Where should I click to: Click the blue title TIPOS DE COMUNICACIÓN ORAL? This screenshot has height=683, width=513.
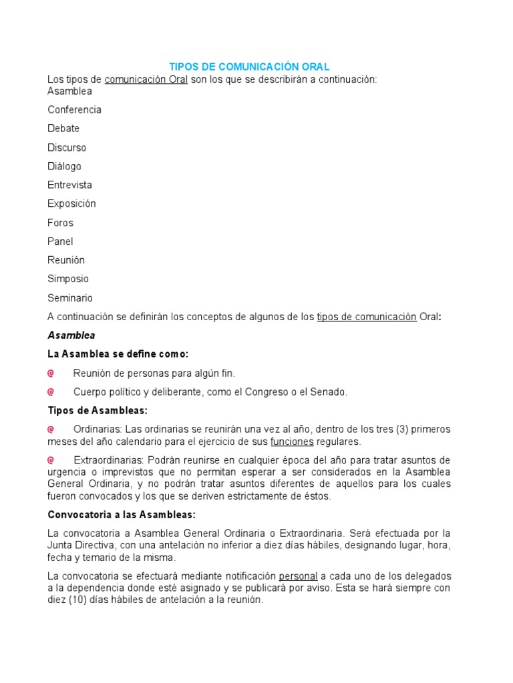tap(249, 67)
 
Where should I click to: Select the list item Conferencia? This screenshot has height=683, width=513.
tap(74, 109)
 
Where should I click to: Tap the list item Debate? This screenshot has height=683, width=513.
tap(63, 128)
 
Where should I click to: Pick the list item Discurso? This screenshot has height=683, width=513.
tap(67, 147)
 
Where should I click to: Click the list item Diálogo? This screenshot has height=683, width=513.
tap(64, 166)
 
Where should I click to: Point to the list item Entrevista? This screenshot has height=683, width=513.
tap(69, 185)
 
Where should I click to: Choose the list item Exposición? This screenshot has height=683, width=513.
tap(71, 203)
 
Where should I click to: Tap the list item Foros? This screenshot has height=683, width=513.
tap(60, 223)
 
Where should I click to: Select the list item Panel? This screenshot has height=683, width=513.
tap(60, 241)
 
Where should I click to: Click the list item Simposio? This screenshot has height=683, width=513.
tap(67, 279)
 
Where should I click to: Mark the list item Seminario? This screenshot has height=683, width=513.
tap(69, 298)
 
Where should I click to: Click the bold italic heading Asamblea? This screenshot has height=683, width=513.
tap(71, 335)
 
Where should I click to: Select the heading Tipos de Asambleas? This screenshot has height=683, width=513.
tap(98, 410)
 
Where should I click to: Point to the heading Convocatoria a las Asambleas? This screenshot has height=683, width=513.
tap(121, 514)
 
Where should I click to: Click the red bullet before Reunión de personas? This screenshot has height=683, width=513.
tap(51, 373)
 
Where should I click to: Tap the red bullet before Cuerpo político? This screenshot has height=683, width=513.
tap(51, 392)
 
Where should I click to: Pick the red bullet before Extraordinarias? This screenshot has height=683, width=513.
tap(51, 460)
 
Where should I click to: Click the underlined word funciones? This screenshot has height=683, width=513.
tap(292, 442)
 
